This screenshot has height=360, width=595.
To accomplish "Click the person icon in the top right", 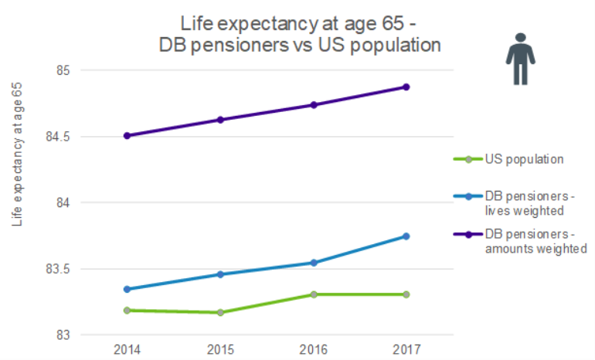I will (x=522, y=59).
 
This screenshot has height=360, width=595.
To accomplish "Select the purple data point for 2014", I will (x=127, y=136).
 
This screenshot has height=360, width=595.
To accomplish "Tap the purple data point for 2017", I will (x=406, y=87).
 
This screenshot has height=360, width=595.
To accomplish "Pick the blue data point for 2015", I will (x=220, y=274).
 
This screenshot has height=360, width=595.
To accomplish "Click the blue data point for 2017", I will (x=406, y=236).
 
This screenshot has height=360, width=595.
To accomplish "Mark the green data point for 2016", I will (x=313, y=294).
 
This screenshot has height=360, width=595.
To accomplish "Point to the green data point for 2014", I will (x=127, y=311).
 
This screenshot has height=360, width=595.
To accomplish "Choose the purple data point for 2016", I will (x=313, y=105).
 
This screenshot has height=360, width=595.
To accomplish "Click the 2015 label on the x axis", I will (x=220, y=349).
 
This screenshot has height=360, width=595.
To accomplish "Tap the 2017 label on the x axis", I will (x=406, y=349).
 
